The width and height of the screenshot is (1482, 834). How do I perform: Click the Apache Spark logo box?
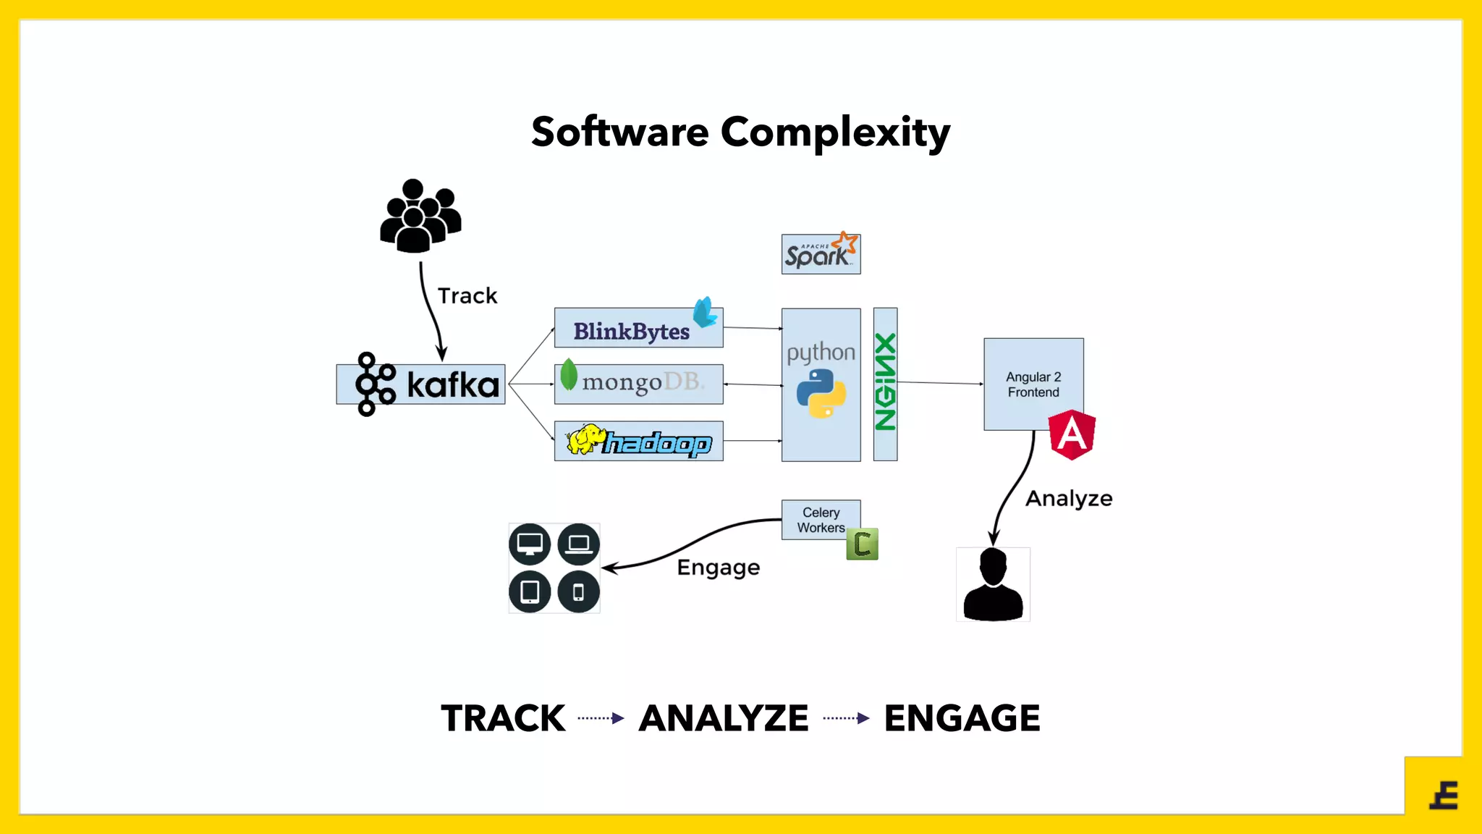[x=821, y=254]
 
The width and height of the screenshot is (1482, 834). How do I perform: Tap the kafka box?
[x=420, y=384]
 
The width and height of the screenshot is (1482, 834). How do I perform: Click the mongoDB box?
[x=638, y=384]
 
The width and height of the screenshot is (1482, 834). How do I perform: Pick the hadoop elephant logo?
[x=585, y=439]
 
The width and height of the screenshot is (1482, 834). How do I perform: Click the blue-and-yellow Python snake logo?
[x=821, y=394]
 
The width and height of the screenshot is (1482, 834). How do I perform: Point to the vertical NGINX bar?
[x=885, y=384]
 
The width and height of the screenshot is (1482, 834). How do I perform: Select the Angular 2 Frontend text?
[x=1033, y=384]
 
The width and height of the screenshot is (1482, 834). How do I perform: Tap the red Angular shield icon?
[x=1072, y=434]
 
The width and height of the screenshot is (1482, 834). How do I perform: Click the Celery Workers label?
[x=821, y=520]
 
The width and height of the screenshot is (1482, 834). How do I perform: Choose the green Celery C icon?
[x=862, y=544]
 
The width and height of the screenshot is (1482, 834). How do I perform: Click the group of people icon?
[x=420, y=216]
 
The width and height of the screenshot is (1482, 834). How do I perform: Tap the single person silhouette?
[x=993, y=585]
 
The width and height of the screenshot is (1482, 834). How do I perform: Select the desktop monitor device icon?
[x=530, y=544]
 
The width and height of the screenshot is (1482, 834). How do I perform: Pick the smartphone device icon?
[x=578, y=592]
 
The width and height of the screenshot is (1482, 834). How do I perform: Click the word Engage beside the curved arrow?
[x=718, y=568]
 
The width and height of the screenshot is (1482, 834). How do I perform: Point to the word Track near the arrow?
[x=467, y=296]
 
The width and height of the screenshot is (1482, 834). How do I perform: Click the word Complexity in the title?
[x=835, y=132]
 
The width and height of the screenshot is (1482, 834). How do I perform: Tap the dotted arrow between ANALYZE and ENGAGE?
[x=846, y=718]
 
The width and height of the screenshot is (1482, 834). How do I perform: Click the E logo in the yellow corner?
[x=1444, y=796]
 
